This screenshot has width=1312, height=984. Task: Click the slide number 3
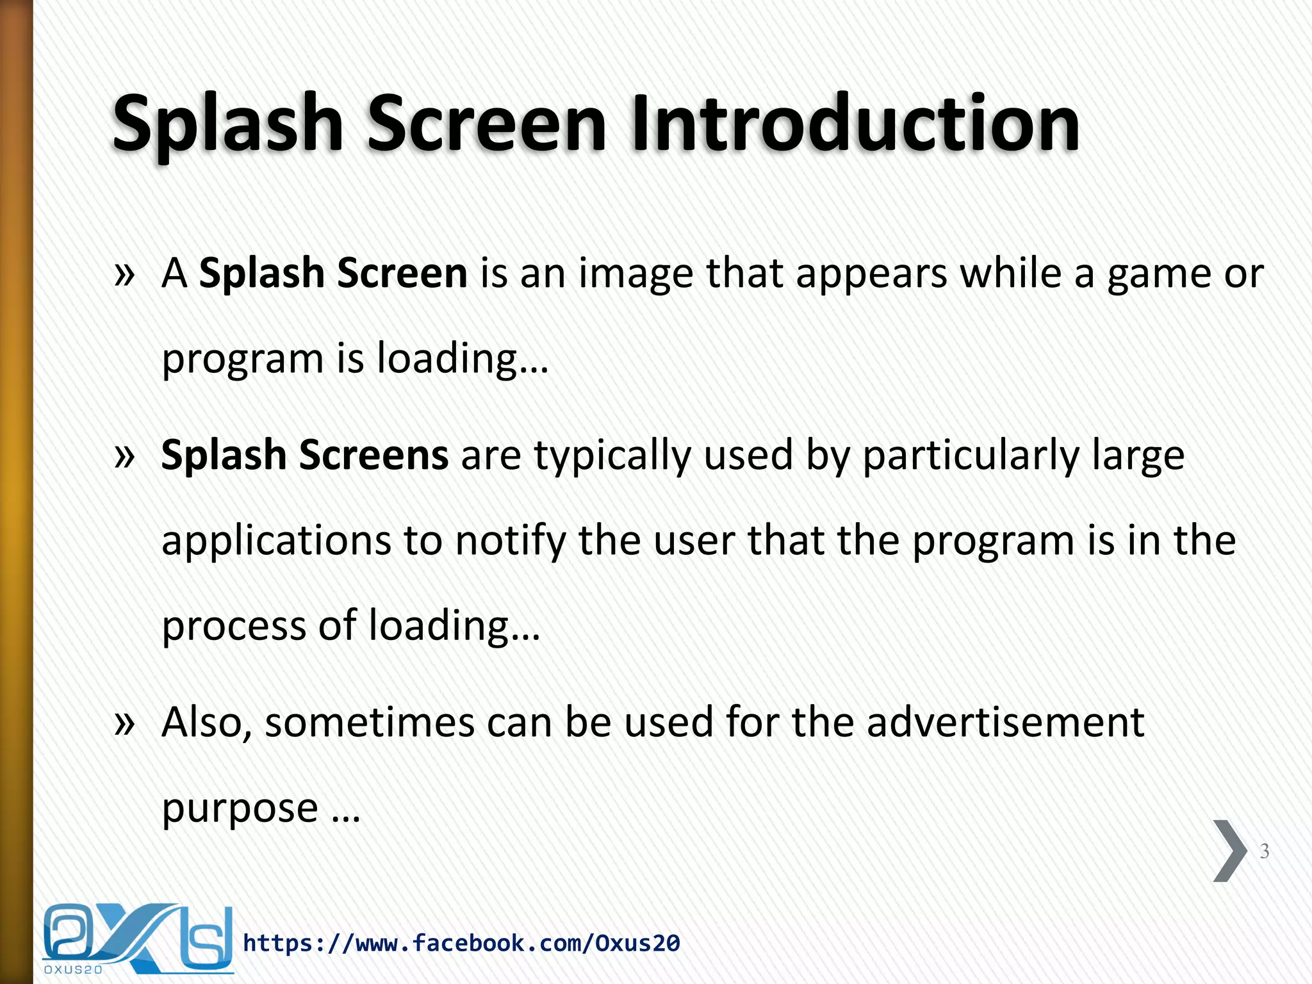pos(1264,851)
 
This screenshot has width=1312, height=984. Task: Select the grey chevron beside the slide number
pos(1229,851)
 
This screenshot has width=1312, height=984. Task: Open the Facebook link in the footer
pos(461,943)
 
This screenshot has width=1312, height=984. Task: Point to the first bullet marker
pos(124,274)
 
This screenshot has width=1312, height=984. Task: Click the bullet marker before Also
pos(124,723)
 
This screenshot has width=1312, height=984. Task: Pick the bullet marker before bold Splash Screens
pos(124,456)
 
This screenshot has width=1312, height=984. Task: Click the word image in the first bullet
pos(635,274)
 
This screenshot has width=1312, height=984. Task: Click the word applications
pos(276,542)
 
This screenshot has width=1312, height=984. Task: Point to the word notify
pos(510,542)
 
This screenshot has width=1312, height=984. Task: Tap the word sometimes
pos(369,723)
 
